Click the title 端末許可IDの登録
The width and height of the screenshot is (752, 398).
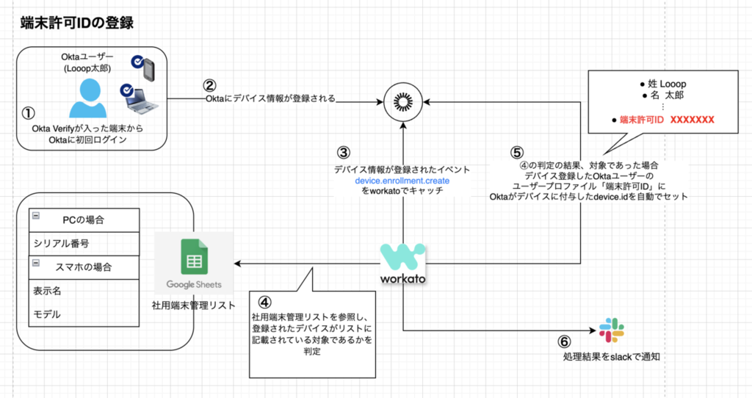tap(76, 23)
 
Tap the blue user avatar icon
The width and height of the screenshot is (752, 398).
tap(88, 98)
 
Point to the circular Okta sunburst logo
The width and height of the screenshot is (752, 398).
tap(403, 101)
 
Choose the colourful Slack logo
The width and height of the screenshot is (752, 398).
tap(612, 330)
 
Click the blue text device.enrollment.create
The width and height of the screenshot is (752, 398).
tap(402, 181)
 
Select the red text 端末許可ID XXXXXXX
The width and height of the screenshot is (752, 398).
tap(667, 120)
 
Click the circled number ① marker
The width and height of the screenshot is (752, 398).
tap(29, 113)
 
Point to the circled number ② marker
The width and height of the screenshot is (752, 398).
tap(209, 85)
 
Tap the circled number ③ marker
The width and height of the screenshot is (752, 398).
tap(344, 153)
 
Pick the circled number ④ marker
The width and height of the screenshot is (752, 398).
tap(264, 302)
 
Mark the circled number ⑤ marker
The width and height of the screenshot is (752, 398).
tap(516, 153)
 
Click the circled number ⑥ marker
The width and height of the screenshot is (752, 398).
tap(565, 341)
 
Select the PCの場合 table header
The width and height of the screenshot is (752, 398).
tap(84, 220)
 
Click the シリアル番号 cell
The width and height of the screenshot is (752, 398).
tap(84, 244)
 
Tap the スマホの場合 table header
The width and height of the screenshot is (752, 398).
tap(84, 267)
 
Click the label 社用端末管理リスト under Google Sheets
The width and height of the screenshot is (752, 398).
tap(193, 305)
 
